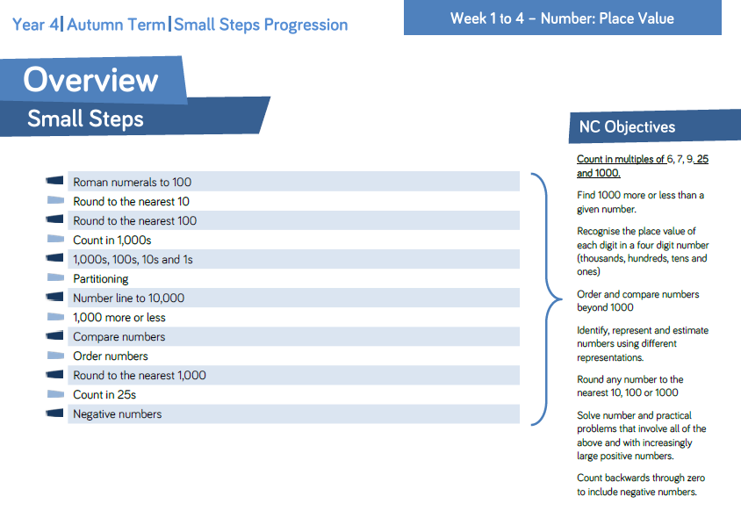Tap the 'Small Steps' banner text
(85, 119)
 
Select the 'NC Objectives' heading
(627, 126)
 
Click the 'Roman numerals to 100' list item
(133, 182)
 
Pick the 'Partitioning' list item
(101, 279)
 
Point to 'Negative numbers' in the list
(117, 414)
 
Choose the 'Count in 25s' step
(104, 394)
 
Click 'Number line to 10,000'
(128, 298)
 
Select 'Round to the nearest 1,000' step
(140, 375)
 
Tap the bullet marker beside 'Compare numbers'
(54, 335)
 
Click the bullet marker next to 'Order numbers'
(55, 355)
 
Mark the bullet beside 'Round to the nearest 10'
(55, 200)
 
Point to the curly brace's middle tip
(562, 298)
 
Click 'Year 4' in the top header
(35, 25)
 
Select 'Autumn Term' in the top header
(116, 25)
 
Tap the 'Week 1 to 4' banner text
(487, 18)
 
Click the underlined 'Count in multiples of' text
(621, 159)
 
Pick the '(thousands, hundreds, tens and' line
(642, 258)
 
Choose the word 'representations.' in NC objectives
(610, 357)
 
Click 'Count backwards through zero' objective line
(641, 478)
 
